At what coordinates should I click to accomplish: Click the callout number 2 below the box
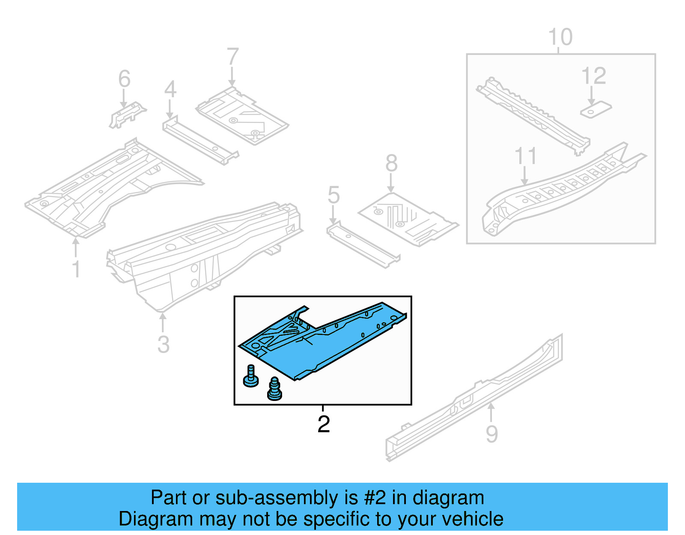[x=324, y=424]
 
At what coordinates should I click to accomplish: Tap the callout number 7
[x=232, y=57]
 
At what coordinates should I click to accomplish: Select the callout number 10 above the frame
[x=560, y=37]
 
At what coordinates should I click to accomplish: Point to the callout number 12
[x=593, y=76]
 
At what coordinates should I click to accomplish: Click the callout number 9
[x=492, y=433]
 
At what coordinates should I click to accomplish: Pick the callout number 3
[x=163, y=344]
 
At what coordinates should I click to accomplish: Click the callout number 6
[x=124, y=79]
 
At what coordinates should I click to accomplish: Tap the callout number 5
[x=334, y=195]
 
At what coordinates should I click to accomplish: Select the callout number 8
[x=391, y=163]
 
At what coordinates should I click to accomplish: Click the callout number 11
[x=525, y=156]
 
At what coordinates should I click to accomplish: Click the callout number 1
[x=76, y=269]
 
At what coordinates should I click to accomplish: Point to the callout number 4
[x=170, y=89]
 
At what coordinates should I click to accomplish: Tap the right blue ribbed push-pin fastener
[x=274, y=389]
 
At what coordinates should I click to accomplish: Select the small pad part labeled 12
[x=596, y=110]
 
